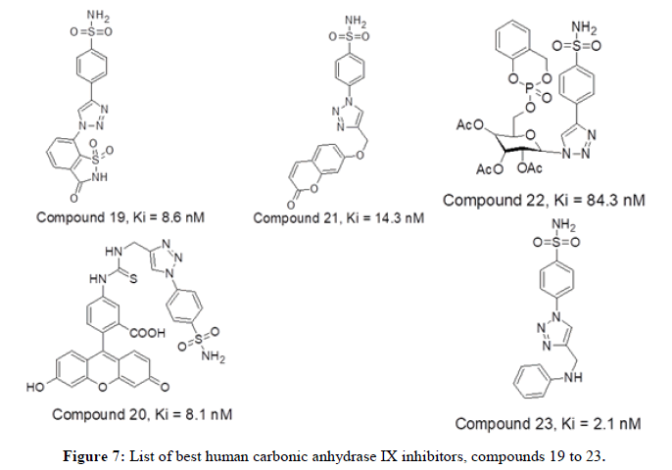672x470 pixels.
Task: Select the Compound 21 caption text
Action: tap(338, 217)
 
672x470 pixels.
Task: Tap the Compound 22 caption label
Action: tap(544, 201)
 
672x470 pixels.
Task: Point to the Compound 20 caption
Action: tap(142, 414)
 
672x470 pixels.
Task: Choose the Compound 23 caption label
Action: tap(549, 424)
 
